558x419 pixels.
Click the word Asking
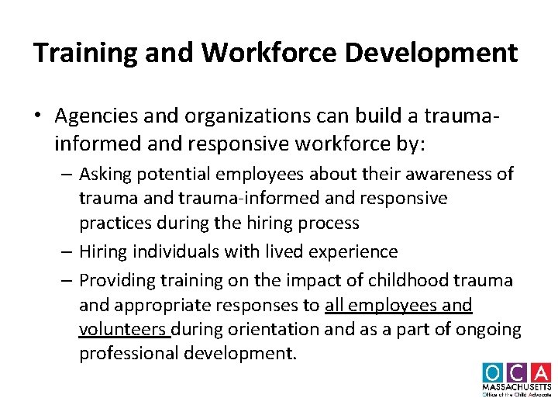(x=106, y=174)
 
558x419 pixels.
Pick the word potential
(x=176, y=174)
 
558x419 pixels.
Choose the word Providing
(x=119, y=279)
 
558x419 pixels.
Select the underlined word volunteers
(x=124, y=330)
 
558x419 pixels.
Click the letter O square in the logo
(x=493, y=372)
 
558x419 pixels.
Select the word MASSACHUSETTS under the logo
(x=517, y=386)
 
